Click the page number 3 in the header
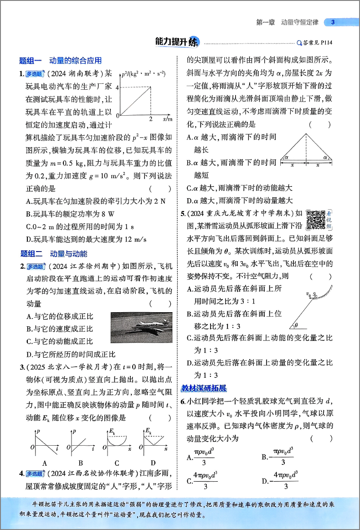click(x=333, y=22)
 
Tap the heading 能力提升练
click(x=177, y=42)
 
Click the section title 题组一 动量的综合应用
click(x=61, y=61)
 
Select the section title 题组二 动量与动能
click(x=53, y=254)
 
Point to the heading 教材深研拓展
click(x=204, y=388)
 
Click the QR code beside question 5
click(x=316, y=220)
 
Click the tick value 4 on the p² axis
click(x=117, y=87)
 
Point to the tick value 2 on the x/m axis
click(x=151, y=119)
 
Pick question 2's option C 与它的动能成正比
click(x=60, y=341)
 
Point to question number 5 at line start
click(x=183, y=213)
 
